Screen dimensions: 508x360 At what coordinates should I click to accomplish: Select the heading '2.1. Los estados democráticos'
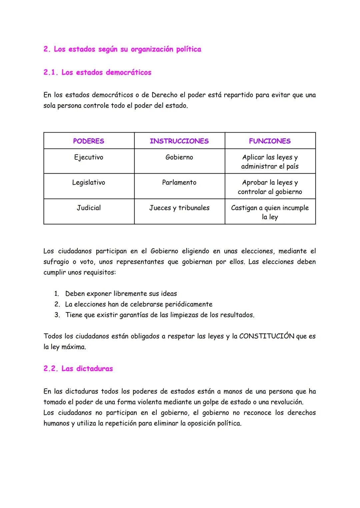click(x=97, y=72)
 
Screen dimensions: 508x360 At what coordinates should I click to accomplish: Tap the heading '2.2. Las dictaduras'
click(x=78, y=368)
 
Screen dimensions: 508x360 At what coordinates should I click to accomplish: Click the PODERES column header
click(x=89, y=141)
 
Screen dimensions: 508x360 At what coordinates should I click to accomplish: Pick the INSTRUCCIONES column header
click(x=179, y=141)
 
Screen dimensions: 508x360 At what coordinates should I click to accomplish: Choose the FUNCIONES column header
click(x=270, y=141)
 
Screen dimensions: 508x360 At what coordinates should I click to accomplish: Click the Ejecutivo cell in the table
click(x=89, y=157)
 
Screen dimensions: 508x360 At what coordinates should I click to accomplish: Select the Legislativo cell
click(x=89, y=183)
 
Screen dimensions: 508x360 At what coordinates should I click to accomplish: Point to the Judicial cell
click(x=89, y=208)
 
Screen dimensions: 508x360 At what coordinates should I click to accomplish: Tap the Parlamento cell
click(x=179, y=183)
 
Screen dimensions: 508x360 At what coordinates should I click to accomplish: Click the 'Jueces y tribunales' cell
click(x=179, y=208)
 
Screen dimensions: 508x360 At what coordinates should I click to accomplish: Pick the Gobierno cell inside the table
click(x=179, y=157)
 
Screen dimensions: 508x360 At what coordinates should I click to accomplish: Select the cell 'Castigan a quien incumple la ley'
click(x=270, y=212)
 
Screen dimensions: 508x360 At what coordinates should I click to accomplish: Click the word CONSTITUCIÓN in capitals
click(x=267, y=336)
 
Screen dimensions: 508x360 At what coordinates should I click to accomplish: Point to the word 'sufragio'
click(x=56, y=262)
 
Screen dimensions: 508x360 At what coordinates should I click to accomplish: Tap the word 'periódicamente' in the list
click(x=189, y=304)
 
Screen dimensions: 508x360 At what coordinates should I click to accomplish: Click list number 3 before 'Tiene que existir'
click(x=57, y=315)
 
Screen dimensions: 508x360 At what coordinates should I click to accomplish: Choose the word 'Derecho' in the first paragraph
click(x=164, y=95)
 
